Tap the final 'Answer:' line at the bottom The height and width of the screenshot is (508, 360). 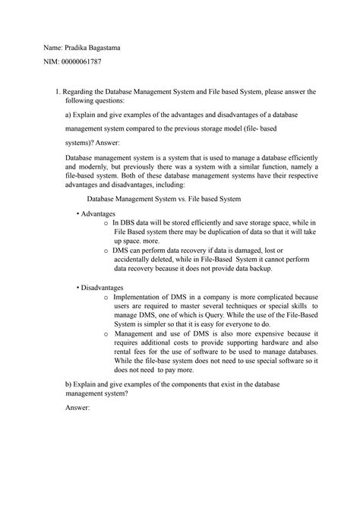[77, 408]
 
